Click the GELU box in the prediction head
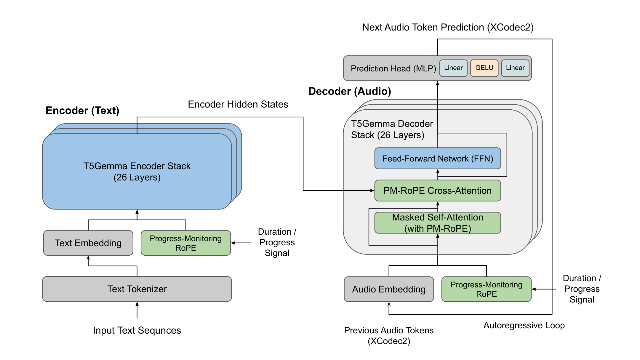tap(484, 68)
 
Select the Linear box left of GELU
tap(453, 68)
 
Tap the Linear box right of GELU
tap(515, 68)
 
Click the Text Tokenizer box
tap(137, 289)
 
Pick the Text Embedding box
tap(88, 243)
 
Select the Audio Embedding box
tap(389, 289)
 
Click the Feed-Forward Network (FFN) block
tap(437, 159)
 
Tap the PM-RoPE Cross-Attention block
tap(437, 191)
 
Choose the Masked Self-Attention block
tap(437, 223)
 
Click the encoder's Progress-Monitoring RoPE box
tap(185, 243)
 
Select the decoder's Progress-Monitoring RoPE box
tap(486, 289)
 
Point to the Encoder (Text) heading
tap(82, 111)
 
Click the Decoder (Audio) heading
tap(350, 91)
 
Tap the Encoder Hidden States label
tap(238, 104)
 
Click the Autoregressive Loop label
tap(524, 325)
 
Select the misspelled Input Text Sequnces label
tap(137, 330)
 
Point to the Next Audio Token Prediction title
tap(448, 27)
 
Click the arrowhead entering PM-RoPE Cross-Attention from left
tap(372, 191)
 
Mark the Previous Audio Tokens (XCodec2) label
tap(389, 336)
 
